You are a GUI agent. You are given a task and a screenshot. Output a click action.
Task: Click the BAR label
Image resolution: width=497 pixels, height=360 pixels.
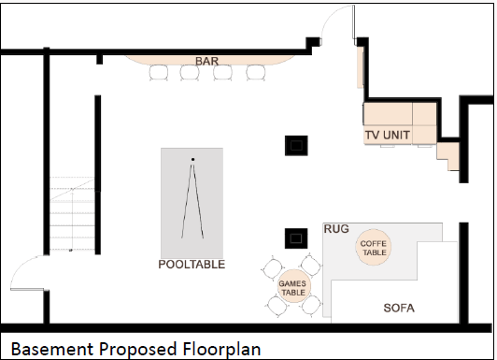[x=206, y=61]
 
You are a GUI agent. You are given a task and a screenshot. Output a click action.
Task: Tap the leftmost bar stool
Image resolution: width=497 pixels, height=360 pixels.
[x=159, y=72]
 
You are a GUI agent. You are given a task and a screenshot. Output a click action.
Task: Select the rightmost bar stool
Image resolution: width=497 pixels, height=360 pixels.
[x=256, y=72]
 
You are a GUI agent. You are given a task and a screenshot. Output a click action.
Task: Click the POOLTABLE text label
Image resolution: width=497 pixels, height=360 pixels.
[x=192, y=265]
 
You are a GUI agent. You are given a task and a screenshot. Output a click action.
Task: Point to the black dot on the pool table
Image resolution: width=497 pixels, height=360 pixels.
[x=192, y=159]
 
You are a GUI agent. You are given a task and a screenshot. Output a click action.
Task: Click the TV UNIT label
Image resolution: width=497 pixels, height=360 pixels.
[x=388, y=136]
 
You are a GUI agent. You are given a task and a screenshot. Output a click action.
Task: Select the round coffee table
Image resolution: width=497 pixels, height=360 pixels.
[x=374, y=248]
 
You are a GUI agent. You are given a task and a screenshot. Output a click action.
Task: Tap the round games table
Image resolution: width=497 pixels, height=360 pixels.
[x=293, y=286]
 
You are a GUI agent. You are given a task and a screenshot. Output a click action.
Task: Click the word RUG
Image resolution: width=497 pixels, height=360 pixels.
[x=336, y=229]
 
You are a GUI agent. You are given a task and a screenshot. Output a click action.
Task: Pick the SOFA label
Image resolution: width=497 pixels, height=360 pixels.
[x=399, y=308]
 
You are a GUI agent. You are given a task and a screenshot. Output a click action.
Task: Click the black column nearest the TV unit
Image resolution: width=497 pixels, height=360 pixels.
[x=296, y=146]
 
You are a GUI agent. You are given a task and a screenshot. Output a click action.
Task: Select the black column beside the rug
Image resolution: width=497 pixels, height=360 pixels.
[x=296, y=238]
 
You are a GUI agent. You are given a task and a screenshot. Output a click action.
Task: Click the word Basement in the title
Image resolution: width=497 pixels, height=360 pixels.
[x=52, y=349]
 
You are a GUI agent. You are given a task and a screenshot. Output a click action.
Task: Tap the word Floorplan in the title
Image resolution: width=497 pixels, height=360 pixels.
[x=221, y=349]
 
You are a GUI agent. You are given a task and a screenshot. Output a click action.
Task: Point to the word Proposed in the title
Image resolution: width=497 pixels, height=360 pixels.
[x=138, y=350]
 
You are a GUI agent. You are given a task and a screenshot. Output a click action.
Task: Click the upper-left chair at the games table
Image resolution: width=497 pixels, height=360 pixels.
[x=272, y=269]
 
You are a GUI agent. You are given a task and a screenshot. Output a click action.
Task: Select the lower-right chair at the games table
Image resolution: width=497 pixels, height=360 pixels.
[x=311, y=305]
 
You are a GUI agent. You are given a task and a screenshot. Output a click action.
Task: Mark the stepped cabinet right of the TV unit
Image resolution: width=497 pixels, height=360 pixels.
[x=447, y=154]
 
